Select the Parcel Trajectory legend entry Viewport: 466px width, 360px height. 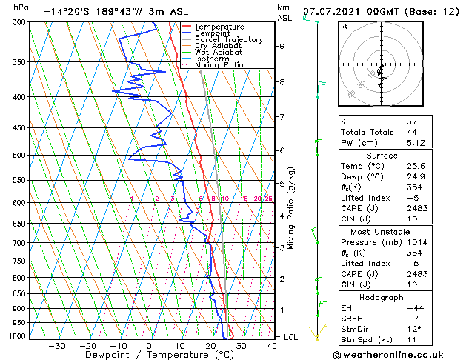point(228,40)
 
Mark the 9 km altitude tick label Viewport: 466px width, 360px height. point(282,46)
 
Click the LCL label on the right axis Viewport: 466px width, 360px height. point(292,337)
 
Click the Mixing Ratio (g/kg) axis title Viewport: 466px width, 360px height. point(291,208)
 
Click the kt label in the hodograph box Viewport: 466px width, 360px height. point(344,26)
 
